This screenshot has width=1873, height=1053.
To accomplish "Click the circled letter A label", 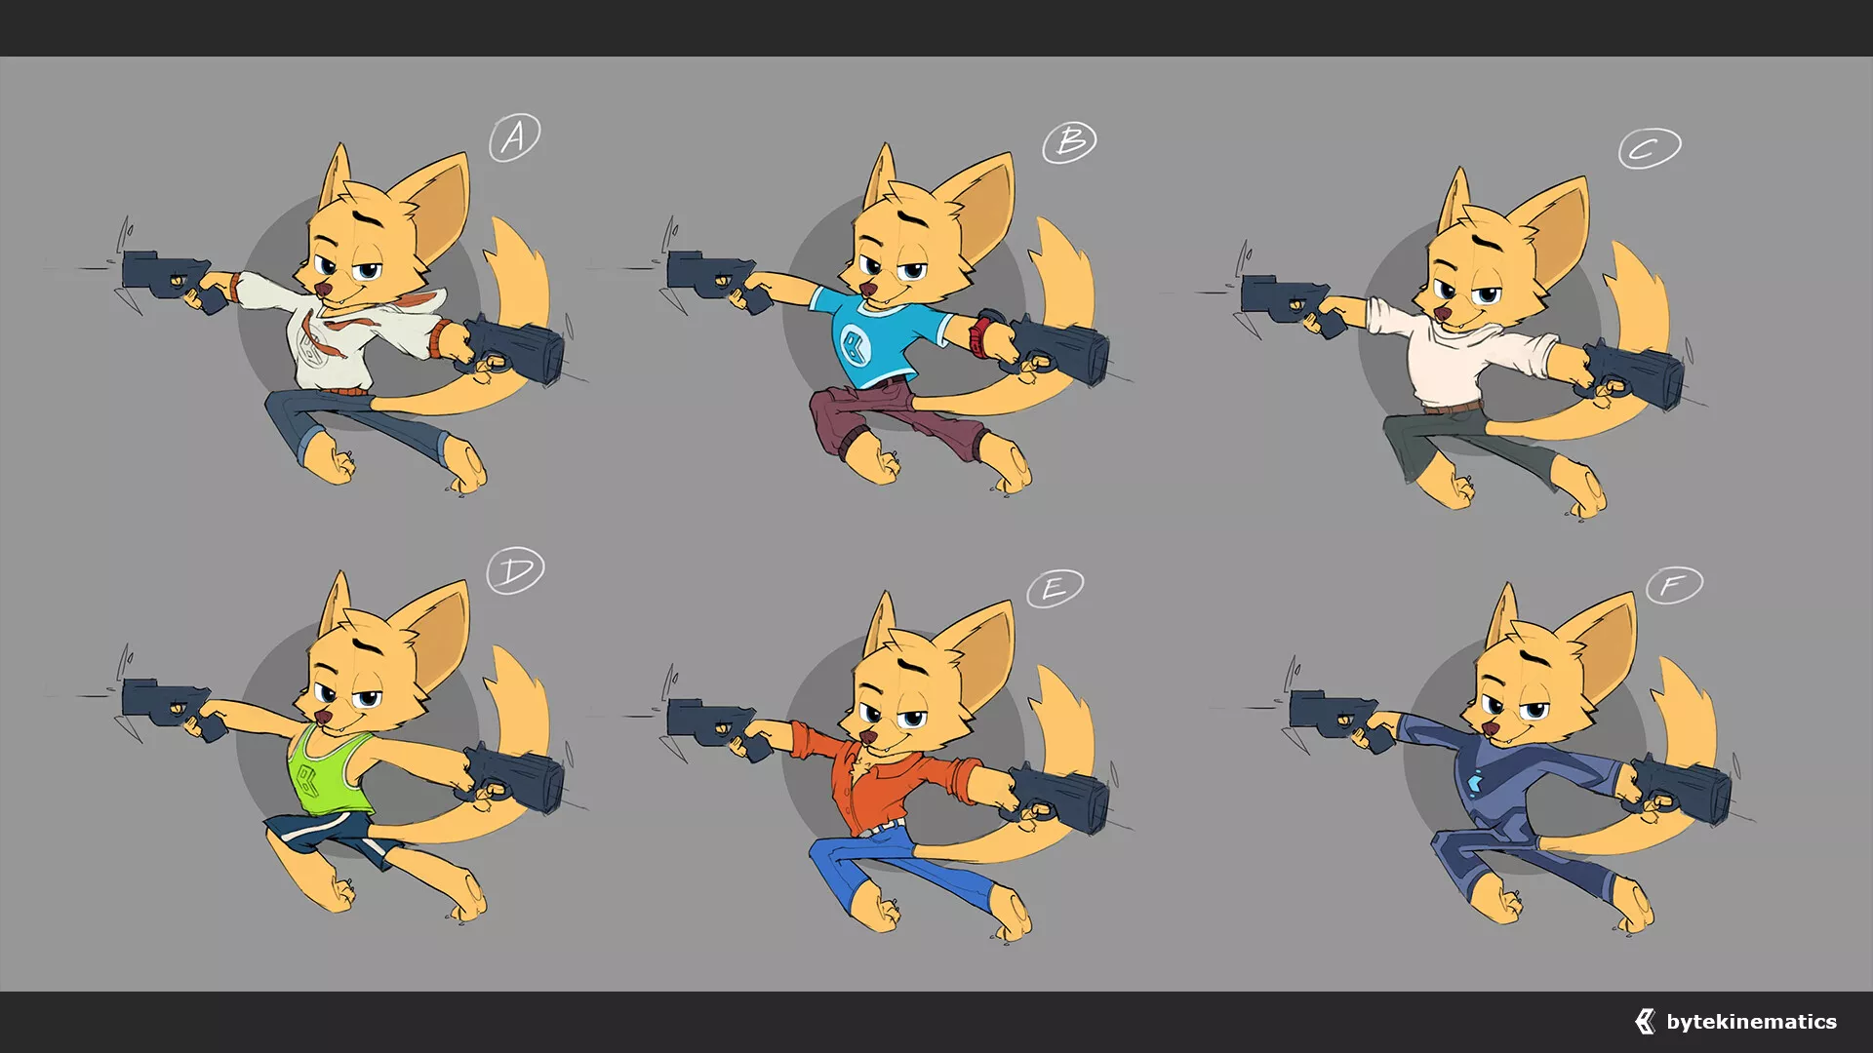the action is coord(514,137).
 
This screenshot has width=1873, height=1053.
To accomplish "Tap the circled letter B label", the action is coord(1069,143).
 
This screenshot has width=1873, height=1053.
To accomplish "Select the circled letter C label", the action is coord(1650,148).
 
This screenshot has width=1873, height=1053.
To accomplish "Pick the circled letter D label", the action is coord(515,570).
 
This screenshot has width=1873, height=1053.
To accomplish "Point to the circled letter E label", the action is coord(1055,588).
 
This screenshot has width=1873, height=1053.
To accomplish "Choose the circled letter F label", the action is coord(1674,585).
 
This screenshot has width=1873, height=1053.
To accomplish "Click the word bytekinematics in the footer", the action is coord(1751,1022).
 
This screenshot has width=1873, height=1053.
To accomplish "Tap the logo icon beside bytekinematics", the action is coord(1645,1021).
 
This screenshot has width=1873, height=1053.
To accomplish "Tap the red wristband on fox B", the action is coord(979,334).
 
